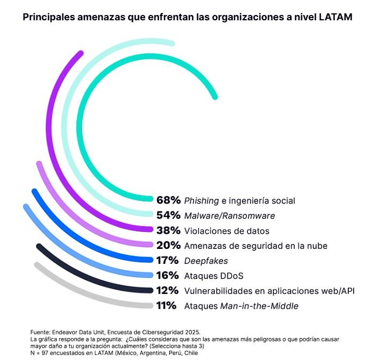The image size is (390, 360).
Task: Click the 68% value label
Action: [168, 201]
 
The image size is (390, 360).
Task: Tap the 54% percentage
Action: [168, 216]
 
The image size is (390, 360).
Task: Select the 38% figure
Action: [168, 231]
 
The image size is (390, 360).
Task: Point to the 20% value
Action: [168, 246]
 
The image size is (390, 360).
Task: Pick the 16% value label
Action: [168, 276]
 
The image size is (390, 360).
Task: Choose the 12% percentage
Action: [168, 291]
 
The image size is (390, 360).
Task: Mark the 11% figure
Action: [167, 306]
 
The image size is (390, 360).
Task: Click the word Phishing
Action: [201, 201]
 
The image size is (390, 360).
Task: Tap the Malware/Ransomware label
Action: [229, 216]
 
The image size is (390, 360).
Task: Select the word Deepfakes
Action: [206, 261]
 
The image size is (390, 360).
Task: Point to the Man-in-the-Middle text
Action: [259, 307]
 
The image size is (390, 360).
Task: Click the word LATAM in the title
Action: [336, 17]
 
